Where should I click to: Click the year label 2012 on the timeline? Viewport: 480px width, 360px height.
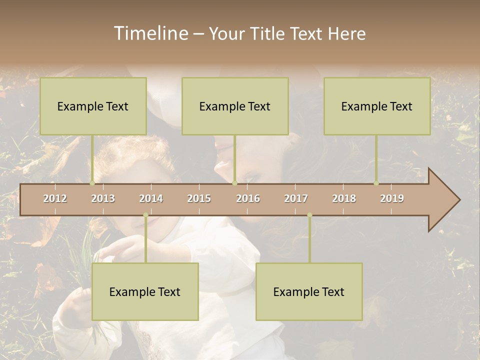tap(55, 198)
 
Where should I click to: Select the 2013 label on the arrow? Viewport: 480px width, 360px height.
tap(103, 198)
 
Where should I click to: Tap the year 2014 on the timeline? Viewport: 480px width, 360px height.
tap(151, 198)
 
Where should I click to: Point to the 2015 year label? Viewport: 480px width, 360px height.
tap(199, 198)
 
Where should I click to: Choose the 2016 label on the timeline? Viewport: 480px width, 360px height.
tap(248, 198)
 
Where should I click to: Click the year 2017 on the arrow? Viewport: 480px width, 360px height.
tap(296, 198)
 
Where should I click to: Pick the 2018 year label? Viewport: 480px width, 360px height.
tap(344, 198)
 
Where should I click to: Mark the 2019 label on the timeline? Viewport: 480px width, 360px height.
tap(392, 198)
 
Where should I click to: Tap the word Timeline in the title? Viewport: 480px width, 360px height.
tap(150, 33)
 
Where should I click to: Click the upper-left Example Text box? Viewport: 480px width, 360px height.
tap(93, 106)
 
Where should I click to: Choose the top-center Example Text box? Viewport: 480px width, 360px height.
tap(235, 106)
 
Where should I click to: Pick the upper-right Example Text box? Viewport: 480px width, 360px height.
tap(377, 106)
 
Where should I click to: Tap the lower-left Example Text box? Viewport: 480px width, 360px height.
tap(145, 291)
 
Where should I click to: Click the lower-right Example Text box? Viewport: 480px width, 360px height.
tap(309, 291)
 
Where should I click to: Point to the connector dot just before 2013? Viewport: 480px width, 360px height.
tap(92, 183)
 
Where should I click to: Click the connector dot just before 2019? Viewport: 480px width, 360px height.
tap(376, 183)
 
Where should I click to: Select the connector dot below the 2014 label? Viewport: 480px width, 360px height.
tap(145, 215)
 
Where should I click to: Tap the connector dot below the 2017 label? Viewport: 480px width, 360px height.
tap(309, 215)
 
